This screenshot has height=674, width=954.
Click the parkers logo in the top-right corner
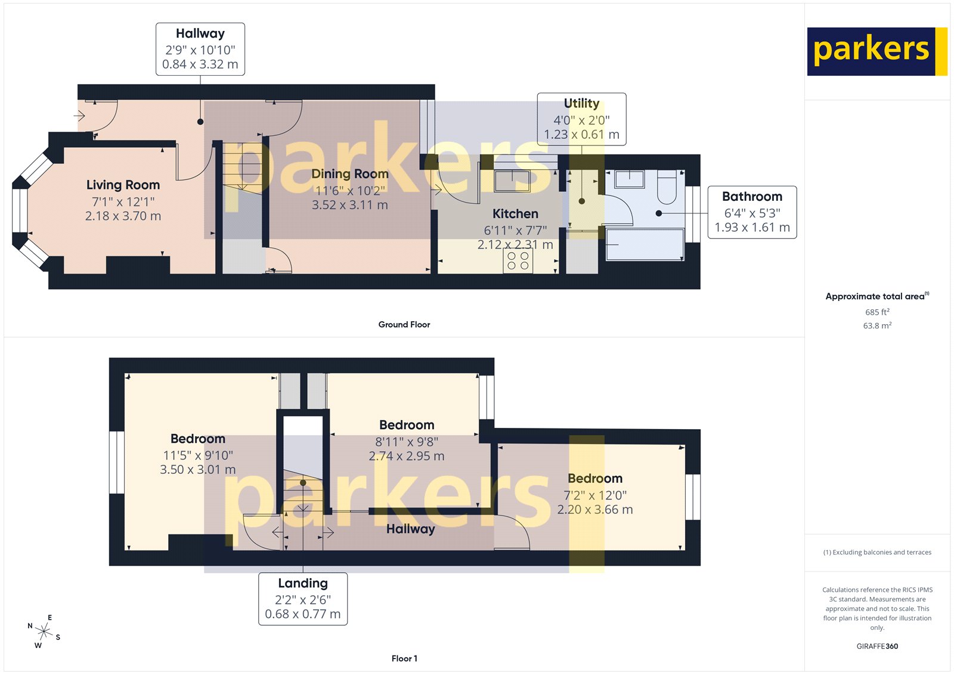click(x=876, y=51)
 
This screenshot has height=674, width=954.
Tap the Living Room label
click(x=123, y=185)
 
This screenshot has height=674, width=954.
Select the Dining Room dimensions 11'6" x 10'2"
click(x=350, y=191)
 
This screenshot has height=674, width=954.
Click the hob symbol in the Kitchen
click(x=518, y=261)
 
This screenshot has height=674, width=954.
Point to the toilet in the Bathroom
click(x=666, y=187)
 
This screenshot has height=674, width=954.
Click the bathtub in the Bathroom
click(x=645, y=246)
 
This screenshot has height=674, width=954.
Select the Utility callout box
click(x=581, y=119)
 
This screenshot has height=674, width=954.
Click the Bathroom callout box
click(x=752, y=212)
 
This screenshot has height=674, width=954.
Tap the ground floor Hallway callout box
click(x=200, y=49)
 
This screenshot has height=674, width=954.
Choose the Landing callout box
click(x=303, y=598)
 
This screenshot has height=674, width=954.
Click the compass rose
click(x=44, y=631)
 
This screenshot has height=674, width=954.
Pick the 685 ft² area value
click(x=877, y=312)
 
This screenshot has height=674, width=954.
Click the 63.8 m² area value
click(x=877, y=325)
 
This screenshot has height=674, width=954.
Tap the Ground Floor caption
click(x=404, y=324)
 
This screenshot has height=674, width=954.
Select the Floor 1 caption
click(x=404, y=658)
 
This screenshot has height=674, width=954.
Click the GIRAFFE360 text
click(x=877, y=646)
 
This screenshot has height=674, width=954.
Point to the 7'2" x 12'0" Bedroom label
click(x=594, y=479)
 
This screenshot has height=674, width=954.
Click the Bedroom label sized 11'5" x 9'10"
click(x=198, y=439)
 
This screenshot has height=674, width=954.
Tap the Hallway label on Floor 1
click(x=410, y=529)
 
